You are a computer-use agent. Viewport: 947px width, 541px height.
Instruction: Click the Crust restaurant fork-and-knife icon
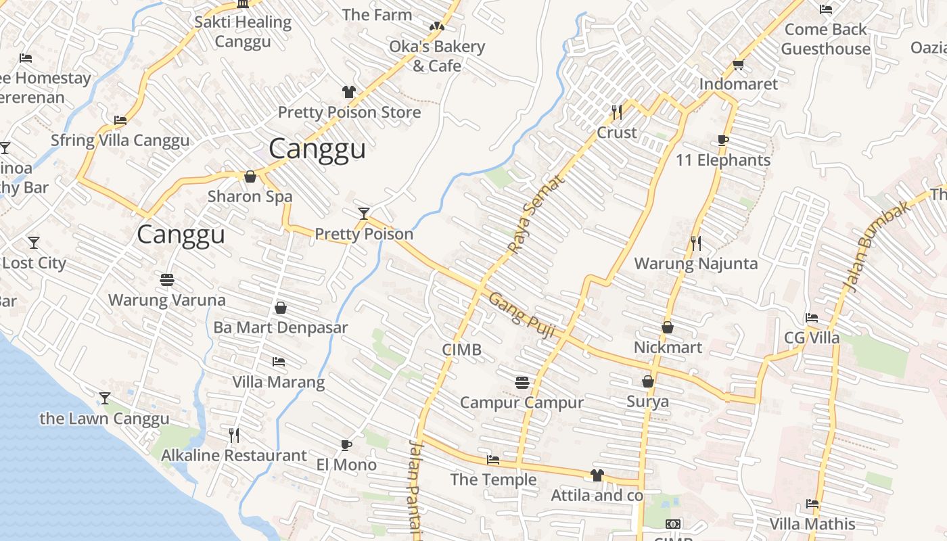(616, 112)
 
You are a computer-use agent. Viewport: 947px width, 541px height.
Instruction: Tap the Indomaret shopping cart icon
(738, 65)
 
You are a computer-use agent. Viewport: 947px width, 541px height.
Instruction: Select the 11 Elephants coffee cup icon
(722, 141)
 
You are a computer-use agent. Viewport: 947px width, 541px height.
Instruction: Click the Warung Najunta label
(695, 264)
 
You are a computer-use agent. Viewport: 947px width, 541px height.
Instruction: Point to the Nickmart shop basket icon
(668, 328)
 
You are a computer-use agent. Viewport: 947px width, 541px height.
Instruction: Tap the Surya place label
(647, 402)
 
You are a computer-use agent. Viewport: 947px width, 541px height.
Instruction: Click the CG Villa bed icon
(812, 318)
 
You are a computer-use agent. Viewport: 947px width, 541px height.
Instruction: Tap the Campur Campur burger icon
(522, 383)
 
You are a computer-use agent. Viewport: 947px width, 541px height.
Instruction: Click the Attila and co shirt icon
(597, 475)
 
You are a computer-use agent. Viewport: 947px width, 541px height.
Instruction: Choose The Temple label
(493, 480)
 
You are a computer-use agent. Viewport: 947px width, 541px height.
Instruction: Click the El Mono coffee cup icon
(346, 445)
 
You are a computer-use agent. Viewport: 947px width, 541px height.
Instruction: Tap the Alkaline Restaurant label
(233, 456)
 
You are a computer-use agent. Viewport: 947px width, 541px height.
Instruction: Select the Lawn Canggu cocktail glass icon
(105, 398)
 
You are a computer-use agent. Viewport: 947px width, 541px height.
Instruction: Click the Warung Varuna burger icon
(167, 279)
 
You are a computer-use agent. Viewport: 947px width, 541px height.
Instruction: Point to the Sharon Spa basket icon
(250, 177)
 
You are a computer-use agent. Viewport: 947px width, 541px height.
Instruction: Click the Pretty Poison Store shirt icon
(348, 92)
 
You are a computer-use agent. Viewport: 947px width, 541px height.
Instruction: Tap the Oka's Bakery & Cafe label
(437, 56)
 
